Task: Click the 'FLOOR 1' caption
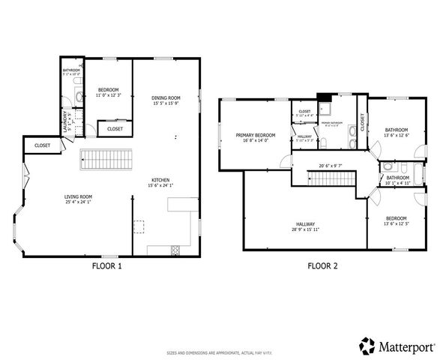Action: coord(106,265)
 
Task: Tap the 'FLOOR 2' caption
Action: coord(323,265)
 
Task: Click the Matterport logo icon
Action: coord(367,346)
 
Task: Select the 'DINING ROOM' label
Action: coord(166,97)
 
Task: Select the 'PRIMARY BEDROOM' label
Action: coord(256,135)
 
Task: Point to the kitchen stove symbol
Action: coord(175,248)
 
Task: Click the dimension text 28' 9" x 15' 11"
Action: coord(305,229)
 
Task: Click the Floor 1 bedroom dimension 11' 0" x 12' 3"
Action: coord(109,96)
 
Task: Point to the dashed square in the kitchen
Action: coord(139,225)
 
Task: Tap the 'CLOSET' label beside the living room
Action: coord(43,145)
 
